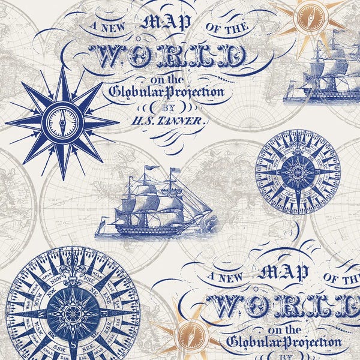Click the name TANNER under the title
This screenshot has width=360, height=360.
tap(187, 120)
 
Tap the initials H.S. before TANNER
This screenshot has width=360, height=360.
tap(143, 119)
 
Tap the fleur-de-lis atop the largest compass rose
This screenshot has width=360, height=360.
tap(73, 259)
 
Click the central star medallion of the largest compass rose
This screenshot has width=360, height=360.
tap(73, 313)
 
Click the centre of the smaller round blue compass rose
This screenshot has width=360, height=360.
tap(298, 172)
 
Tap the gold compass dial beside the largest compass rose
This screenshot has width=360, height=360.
tap(187, 340)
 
